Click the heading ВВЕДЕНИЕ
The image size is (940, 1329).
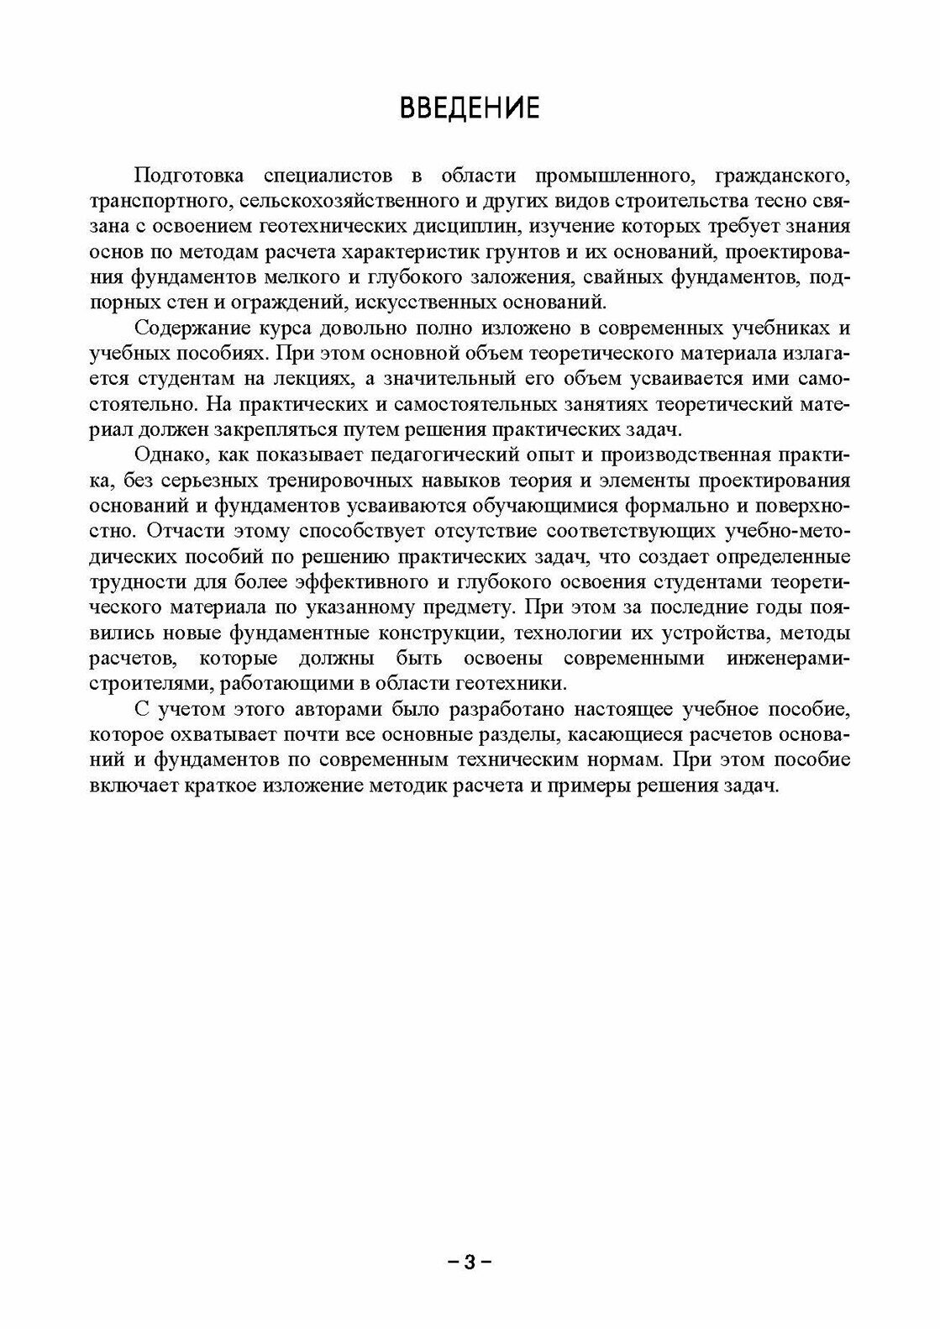pyautogui.click(x=469, y=108)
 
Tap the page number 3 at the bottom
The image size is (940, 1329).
pyautogui.click(x=470, y=1262)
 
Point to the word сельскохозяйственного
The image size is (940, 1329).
pyautogui.click(x=346, y=202)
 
